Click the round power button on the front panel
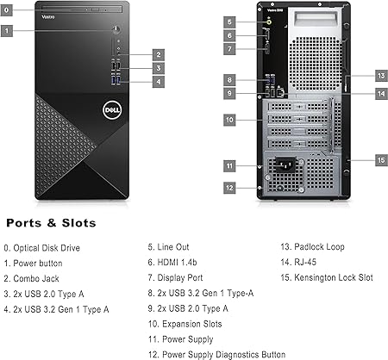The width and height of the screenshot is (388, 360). [x=116, y=29]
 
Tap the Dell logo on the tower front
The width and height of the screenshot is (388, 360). [x=112, y=110]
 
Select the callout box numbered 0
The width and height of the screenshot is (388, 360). [x=6, y=10]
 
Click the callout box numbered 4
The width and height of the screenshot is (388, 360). [x=159, y=82]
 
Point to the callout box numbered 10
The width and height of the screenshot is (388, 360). [x=229, y=120]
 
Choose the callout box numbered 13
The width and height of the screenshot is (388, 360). [x=381, y=76]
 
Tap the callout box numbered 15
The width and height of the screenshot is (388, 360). [x=381, y=160]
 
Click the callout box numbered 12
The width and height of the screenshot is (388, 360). [x=229, y=188]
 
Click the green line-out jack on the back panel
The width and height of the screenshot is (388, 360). [x=269, y=22]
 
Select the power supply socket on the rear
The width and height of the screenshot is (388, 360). [x=285, y=164]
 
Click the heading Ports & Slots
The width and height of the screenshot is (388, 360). [x=51, y=223]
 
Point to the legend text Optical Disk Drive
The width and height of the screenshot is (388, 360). [x=47, y=248]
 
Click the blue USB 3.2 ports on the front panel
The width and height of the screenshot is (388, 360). [x=116, y=80]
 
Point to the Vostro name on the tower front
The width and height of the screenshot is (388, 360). [x=48, y=17]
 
